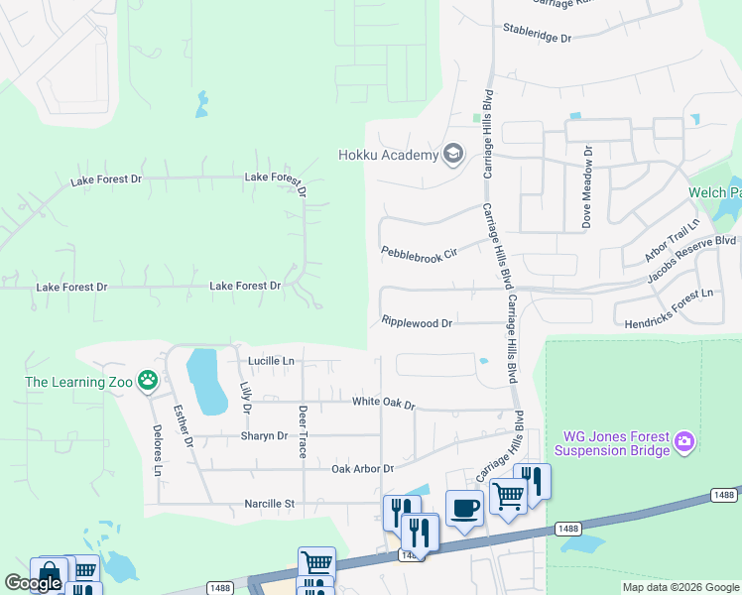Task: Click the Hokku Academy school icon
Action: click(x=453, y=154)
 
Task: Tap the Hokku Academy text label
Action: click(x=388, y=155)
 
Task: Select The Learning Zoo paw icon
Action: click(x=148, y=379)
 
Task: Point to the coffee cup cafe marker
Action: click(x=464, y=510)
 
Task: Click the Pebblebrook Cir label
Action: click(x=420, y=254)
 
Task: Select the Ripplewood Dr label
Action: click(x=417, y=322)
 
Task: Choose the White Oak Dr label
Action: click(x=383, y=404)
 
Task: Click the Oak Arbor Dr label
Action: click(x=362, y=468)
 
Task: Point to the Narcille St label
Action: click(x=270, y=504)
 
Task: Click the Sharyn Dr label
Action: click(x=264, y=435)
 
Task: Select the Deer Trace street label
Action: click(x=304, y=431)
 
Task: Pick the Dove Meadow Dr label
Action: click(x=587, y=187)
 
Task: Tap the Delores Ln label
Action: click(x=156, y=450)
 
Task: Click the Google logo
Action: click(x=32, y=583)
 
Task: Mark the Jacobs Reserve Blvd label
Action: click(x=691, y=255)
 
